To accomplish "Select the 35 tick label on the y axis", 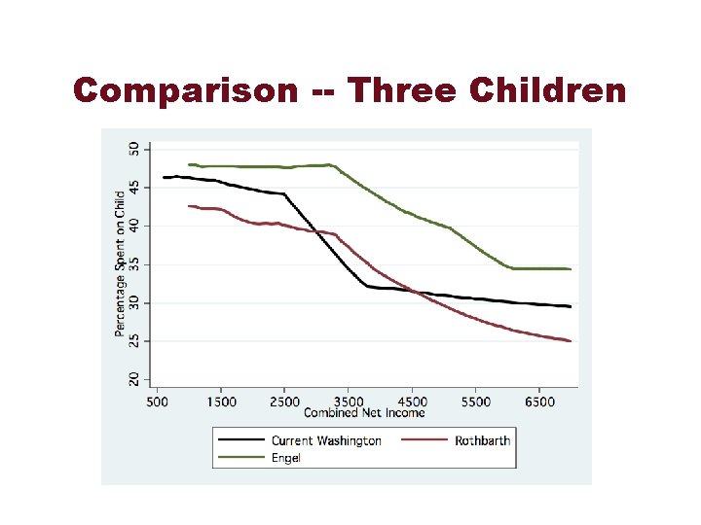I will [x=134, y=264].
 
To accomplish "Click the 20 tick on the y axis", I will [x=134, y=379].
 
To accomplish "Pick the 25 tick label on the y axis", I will [x=134, y=341].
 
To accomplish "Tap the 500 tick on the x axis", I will [x=158, y=401].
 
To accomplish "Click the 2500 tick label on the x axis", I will [x=284, y=401].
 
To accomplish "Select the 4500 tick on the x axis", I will [x=412, y=401].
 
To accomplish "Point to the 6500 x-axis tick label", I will [x=539, y=401].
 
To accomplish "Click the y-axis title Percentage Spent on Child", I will [x=120, y=263].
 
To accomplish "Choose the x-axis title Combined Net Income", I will [x=364, y=412].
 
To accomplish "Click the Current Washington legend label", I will [x=326, y=440].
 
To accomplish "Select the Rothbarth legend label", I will [x=482, y=440].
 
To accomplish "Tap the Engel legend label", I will [x=286, y=457].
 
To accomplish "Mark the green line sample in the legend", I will [x=241, y=457].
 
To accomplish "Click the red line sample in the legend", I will [x=424, y=440].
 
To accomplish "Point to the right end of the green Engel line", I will [x=571, y=269].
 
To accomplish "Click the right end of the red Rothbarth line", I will [x=571, y=341].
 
